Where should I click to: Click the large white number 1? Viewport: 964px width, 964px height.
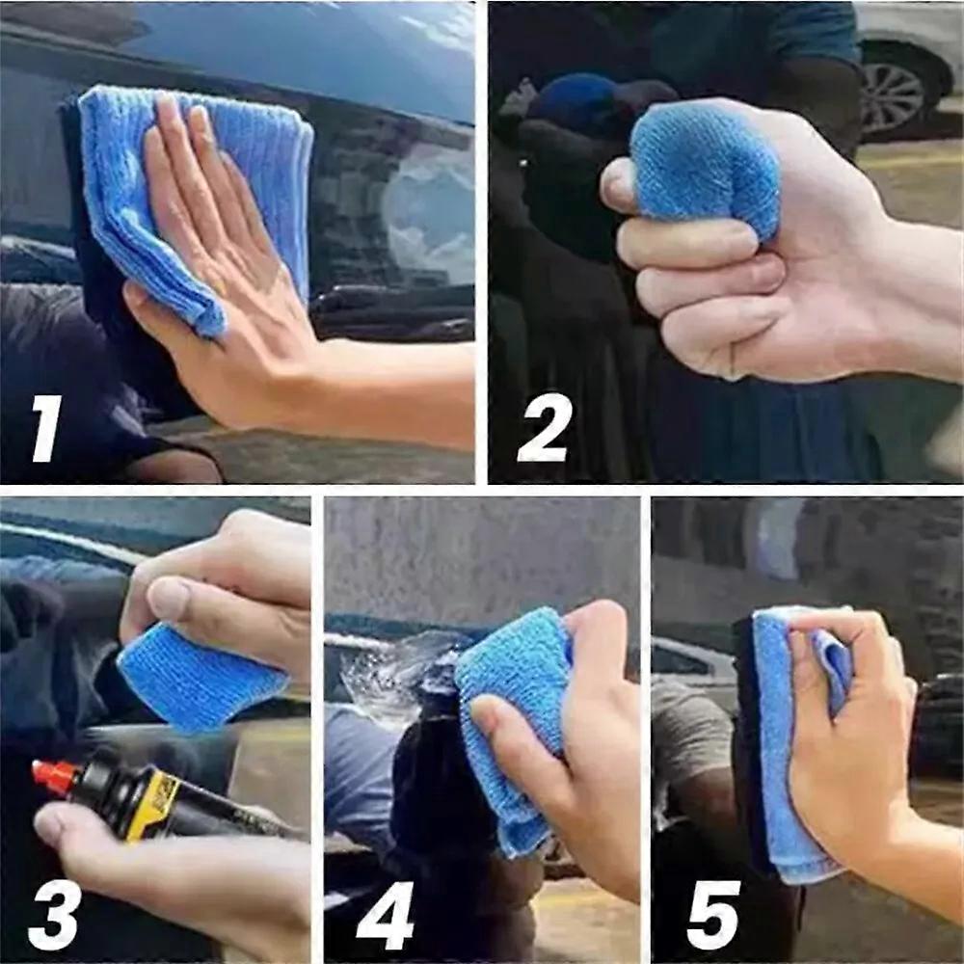click(46, 429)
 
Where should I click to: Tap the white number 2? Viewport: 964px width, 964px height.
click(544, 428)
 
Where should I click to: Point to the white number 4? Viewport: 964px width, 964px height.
click(385, 916)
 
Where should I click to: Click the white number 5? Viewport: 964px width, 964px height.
click(713, 915)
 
